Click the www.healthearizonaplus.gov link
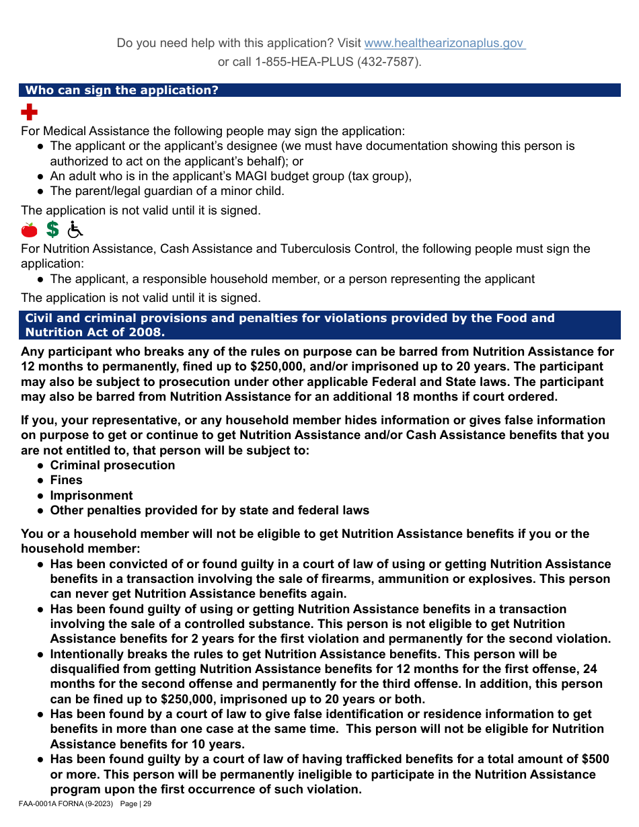(444, 43)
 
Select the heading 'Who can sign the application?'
(122, 90)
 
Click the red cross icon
(30, 112)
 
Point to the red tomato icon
(30, 230)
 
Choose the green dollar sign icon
(52, 230)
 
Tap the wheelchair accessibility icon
(75, 230)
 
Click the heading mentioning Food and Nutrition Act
(289, 325)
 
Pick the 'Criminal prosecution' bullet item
(112, 465)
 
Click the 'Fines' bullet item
(66, 480)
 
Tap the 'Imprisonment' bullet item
(91, 496)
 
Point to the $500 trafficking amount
(595, 759)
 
